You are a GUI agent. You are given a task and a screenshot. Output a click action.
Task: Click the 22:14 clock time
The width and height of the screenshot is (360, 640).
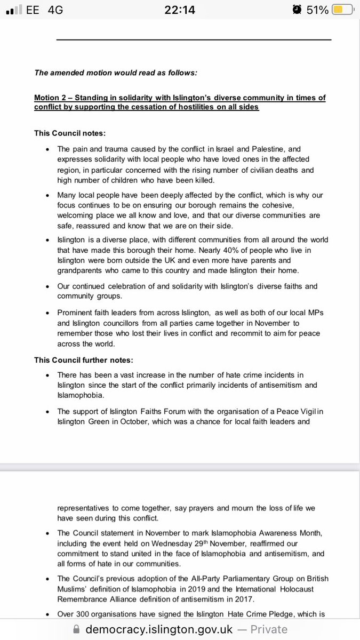(x=180, y=10)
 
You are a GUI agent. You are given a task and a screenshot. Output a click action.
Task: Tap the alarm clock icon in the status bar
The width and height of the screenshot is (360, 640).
(x=297, y=10)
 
